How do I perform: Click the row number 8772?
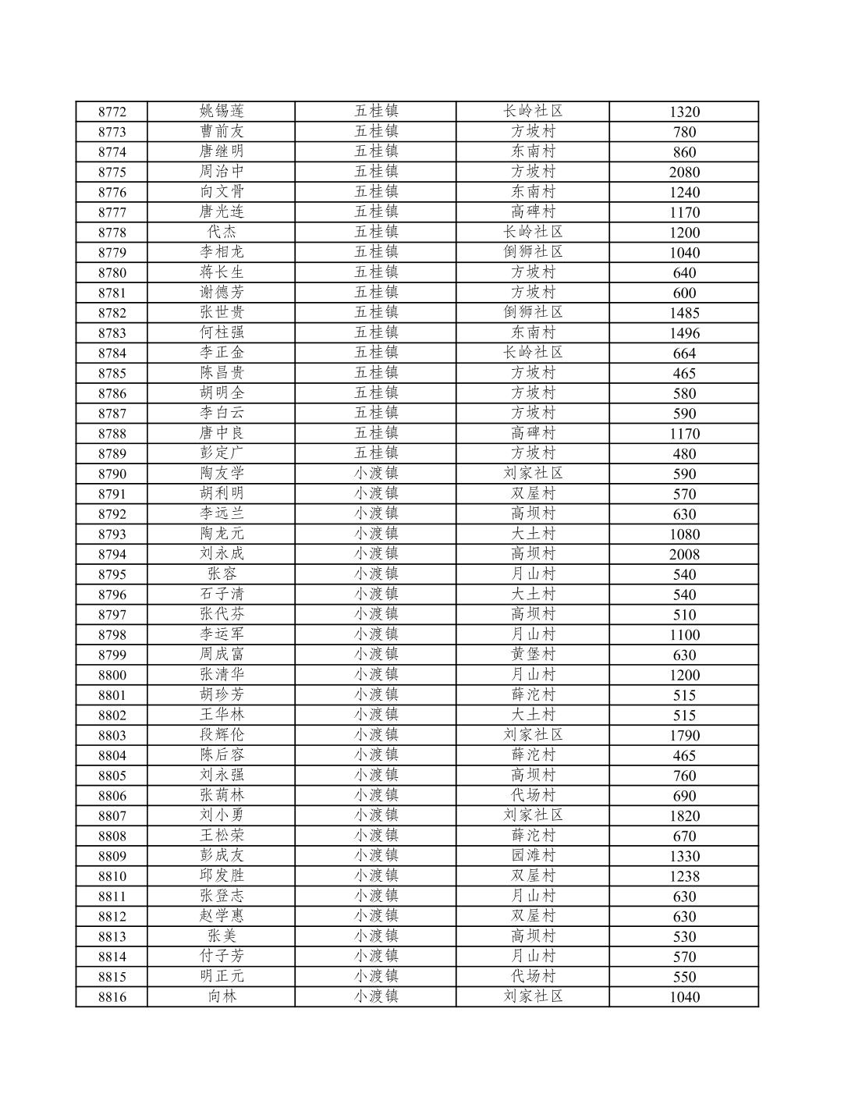click(112, 112)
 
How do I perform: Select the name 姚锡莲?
click(222, 111)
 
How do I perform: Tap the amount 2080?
click(684, 172)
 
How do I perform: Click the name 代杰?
click(222, 232)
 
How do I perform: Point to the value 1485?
click(684, 313)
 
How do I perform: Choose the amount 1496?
click(684, 333)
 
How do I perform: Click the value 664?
click(684, 353)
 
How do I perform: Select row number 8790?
click(112, 474)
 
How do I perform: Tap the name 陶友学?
click(222, 473)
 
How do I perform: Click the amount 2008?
click(684, 554)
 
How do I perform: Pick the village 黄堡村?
click(533, 654)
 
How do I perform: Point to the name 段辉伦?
click(222, 734)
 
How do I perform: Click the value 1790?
click(684, 735)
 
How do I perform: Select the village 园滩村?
click(533, 855)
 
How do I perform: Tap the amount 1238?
click(684, 876)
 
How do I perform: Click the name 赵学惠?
click(222, 915)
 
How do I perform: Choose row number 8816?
click(112, 996)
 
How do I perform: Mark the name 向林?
click(222, 996)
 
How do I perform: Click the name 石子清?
click(222, 594)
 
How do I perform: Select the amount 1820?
click(684, 815)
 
